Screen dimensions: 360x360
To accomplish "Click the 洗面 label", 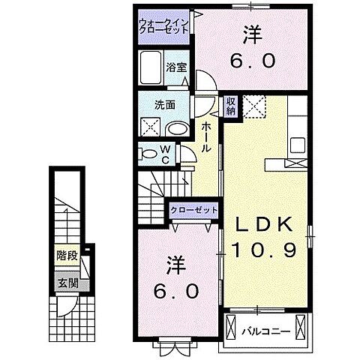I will (165, 105).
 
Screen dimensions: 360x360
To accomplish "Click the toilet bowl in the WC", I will (147, 154).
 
